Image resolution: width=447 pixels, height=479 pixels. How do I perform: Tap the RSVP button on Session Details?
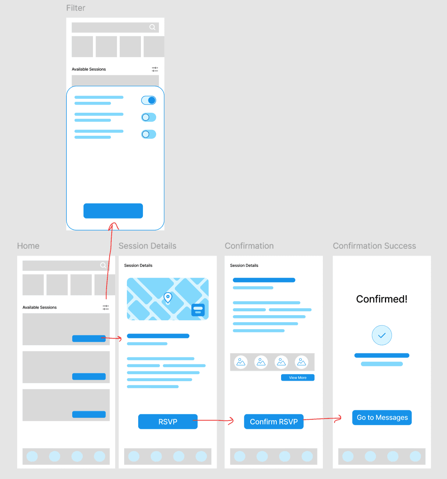pyautogui.click(x=167, y=422)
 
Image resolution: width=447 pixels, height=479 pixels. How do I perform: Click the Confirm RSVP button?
pyautogui.click(x=274, y=422)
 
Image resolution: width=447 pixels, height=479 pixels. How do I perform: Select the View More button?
pyautogui.click(x=297, y=378)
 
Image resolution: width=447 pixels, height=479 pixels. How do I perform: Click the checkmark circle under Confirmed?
pyautogui.click(x=382, y=335)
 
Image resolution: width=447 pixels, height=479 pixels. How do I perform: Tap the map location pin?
pyautogui.click(x=168, y=298)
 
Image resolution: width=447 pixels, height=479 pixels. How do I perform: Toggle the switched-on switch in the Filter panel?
pyautogui.click(x=149, y=100)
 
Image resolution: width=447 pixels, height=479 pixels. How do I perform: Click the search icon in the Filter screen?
pyautogui.click(x=152, y=27)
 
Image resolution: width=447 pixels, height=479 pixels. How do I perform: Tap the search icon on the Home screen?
pyautogui.click(x=103, y=265)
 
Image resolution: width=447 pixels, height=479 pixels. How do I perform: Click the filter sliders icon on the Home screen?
pyautogui.click(x=106, y=307)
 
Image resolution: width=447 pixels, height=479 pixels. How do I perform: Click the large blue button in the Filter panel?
pyautogui.click(x=113, y=211)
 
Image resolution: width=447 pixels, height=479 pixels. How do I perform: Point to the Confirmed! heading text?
pyautogui.click(x=382, y=299)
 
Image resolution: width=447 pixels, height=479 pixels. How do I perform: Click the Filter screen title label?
pyautogui.click(x=76, y=8)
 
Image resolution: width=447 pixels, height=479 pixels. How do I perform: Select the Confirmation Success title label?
pyautogui.click(x=374, y=246)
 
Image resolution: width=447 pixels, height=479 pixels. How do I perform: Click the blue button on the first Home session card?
pyautogui.click(x=89, y=339)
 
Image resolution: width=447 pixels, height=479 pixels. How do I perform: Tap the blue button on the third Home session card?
pyautogui.click(x=89, y=414)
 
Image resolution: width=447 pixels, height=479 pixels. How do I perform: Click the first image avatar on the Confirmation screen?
pyautogui.click(x=241, y=362)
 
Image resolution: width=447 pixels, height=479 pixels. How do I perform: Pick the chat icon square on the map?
pyautogui.click(x=198, y=310)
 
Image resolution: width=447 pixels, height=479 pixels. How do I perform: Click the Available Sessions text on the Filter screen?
pyautogui.click(x=89, y=69)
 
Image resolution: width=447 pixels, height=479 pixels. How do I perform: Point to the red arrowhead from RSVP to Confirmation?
pyautogui.click(x=232, y=420)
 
